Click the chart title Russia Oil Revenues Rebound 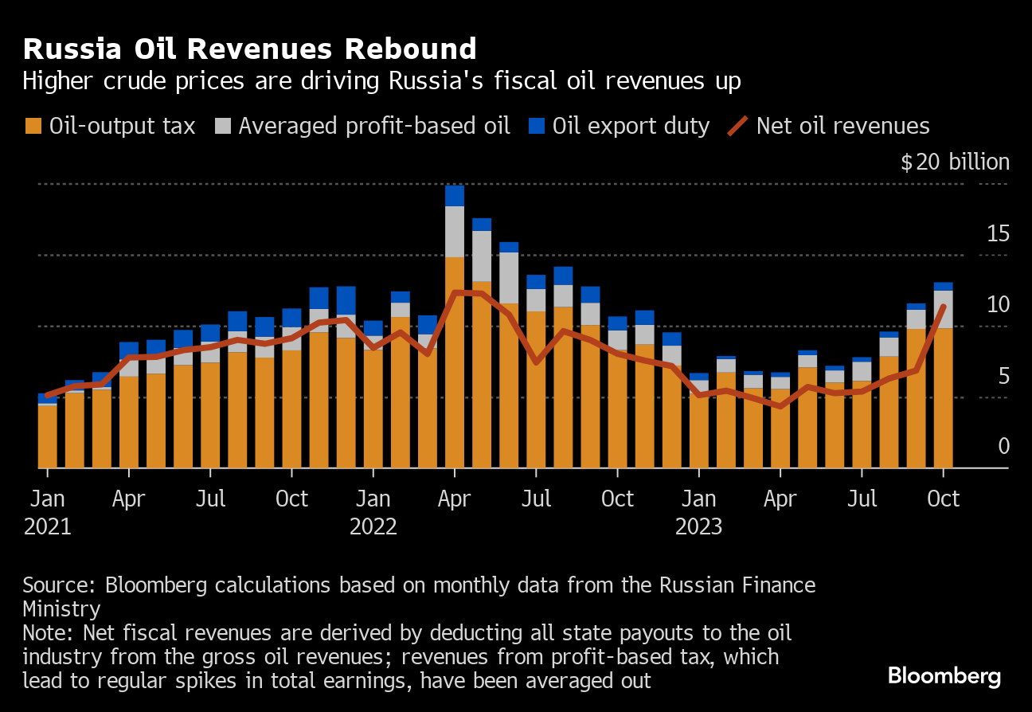click(x=249, y=49)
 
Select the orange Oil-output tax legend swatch click(x=33, y=126)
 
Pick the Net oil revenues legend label click(x=842, y=126)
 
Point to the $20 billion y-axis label click(x=955, y=162)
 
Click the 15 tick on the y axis click(x=998, y=234)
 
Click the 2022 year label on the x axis click(x=373, y=527)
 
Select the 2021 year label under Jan click(x=47, y=527)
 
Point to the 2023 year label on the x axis click(x=698, y=527)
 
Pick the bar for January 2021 click(x=48, y=434)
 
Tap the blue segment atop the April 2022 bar click(x=455, y=196)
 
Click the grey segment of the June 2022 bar click(x=509, y=277)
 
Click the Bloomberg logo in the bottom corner click(x=944, y=677)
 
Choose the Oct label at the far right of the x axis click(x=943, y=499)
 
